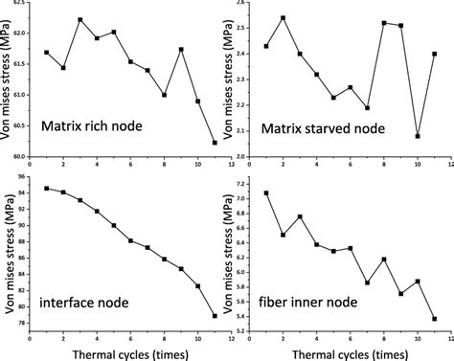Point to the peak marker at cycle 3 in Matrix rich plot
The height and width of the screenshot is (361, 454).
tap(79, 20)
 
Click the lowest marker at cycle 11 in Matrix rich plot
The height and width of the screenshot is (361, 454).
tap(214, 143)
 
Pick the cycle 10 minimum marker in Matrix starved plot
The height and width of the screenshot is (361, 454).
tap(418, 136)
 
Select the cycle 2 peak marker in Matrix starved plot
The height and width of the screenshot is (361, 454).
tap(283, 18)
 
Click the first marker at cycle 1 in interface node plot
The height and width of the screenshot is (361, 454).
tap(47, 189)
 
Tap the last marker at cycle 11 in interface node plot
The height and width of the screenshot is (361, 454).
tap(214, 315)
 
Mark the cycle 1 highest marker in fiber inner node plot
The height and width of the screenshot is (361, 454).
tap(266, 193)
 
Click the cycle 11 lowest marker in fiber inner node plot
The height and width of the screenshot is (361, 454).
tap(434, 319)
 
